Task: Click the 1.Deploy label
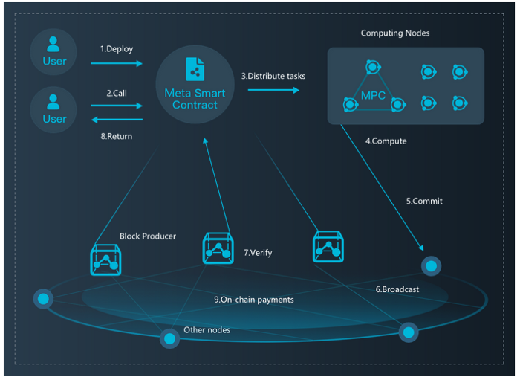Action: pyautogui.click(x=117, y=49)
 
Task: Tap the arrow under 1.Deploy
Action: pyautogui.click(x=117, y=64)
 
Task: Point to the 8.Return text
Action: pyautogui.click(x=117, y=136)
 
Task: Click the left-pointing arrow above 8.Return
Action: pyautogui.click(x=117, y=119)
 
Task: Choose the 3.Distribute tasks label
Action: pyautogui.click(x=273, y=76)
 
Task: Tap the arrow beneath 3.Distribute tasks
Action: pyautogui.click(x=273, y=90)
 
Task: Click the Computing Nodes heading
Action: pyautogui.click(x=395, y=33)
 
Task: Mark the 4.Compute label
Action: pyautogui.click(x=386, y=141)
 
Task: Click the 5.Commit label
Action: pyautogui.click(x=425, y=202)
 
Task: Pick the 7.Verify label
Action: pyautogui.click(x=258, y=253)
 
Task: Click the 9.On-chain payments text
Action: pyautogui.click(x=253, y=300)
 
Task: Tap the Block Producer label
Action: pyautogui.click(x=148, y=236)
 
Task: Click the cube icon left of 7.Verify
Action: pyautogui.click(x=218, y=248)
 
